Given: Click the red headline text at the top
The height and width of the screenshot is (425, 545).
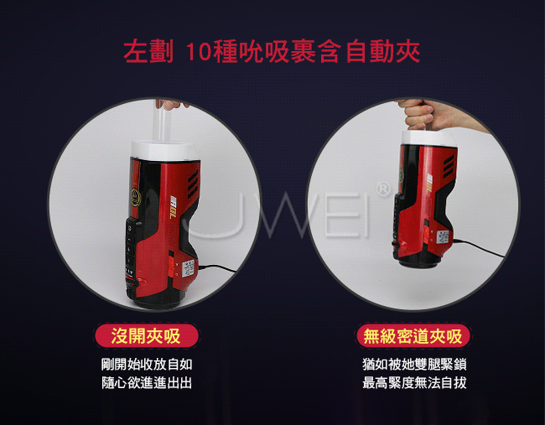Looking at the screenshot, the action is point(272,52).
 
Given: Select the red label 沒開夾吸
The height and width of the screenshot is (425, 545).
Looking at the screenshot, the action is point(147,336).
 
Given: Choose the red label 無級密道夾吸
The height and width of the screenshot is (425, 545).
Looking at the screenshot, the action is point(413,336).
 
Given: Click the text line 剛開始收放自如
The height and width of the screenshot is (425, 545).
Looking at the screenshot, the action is point(147,365).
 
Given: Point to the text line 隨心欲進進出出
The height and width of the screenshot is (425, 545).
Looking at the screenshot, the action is point(147,383).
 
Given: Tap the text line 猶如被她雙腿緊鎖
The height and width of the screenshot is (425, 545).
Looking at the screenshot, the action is point(414,365).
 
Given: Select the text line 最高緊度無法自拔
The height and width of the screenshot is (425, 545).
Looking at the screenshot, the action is point(414,383).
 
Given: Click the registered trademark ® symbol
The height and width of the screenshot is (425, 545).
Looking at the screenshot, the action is point(383,189).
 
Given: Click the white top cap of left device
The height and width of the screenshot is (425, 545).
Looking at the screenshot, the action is point(165,151).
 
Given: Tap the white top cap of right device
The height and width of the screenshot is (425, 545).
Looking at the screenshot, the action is point(429,138).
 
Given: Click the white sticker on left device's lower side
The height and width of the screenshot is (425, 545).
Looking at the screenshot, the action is point(189,268).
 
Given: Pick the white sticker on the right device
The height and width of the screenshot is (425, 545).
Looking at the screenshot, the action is point(443,236).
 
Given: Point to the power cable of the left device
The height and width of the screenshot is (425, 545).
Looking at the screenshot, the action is point(216,268).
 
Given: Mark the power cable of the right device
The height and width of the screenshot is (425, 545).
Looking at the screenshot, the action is point(478,247).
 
